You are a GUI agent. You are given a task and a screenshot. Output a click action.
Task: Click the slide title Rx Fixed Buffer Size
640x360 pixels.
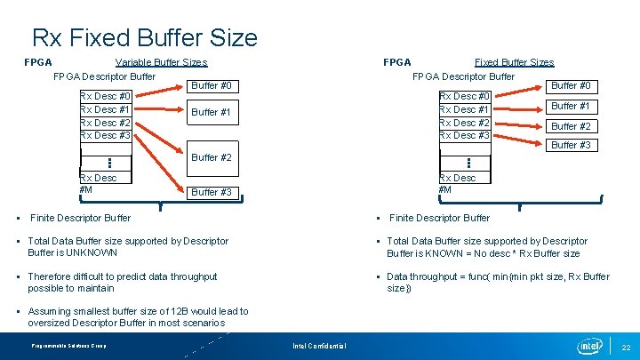click(144, 37)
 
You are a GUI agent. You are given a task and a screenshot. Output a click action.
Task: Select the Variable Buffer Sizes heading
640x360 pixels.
click(161, 62)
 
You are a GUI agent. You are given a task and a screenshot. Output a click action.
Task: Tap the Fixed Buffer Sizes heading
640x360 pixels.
click(514, 62)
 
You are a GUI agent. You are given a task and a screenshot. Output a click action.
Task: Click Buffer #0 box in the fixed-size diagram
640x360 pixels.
click(571, 85)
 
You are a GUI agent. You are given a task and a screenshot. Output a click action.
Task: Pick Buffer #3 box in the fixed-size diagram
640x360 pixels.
click(571, 145)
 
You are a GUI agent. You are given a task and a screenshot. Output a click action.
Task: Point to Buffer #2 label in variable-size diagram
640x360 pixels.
click(212, 157)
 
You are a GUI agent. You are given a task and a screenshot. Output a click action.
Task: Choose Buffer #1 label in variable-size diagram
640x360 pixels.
click(212, 112)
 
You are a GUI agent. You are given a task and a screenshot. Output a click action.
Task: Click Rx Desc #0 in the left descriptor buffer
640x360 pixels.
click(105, 96)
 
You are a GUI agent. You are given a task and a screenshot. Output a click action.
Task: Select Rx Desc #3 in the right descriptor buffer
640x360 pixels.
click(464, 135)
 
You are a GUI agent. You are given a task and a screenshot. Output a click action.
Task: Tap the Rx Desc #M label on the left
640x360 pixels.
click(98, 183)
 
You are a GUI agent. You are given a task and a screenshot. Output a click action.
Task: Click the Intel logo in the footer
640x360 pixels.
click(588, 344)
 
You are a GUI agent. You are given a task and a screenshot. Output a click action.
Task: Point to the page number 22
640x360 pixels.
click(626, 345)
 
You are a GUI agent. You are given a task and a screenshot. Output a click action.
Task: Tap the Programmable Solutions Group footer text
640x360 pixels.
click(68, 345)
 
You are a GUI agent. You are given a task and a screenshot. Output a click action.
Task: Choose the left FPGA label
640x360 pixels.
click(37, 62)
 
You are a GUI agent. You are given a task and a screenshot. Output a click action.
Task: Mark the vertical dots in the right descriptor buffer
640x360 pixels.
click(468, 164)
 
